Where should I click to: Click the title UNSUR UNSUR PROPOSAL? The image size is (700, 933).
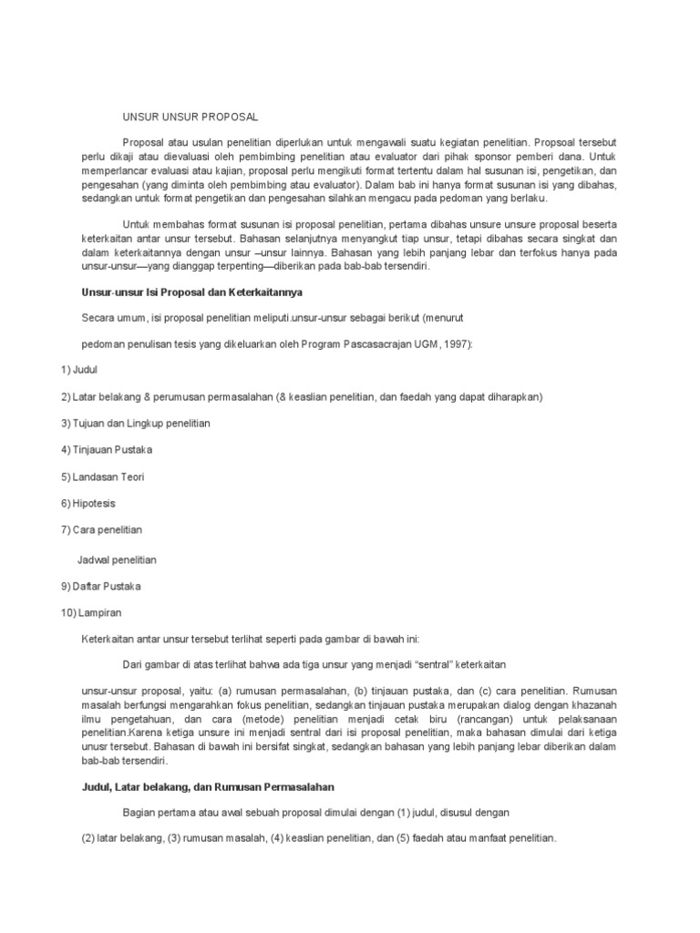[x=190, y=118]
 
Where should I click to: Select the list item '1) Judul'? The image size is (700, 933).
[x=79, y=370]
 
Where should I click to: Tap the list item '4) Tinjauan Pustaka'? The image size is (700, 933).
[x=107, y=450]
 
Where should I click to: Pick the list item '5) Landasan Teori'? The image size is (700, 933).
[x=103, y=477]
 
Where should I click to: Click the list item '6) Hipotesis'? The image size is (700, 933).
[x=88, y=503]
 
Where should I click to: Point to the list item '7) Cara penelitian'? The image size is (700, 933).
[x=102, y=529]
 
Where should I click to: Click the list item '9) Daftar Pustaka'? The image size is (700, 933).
[x=101, y=586]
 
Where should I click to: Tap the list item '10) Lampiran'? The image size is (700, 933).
[x=90, y=612]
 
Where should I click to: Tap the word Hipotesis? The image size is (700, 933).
[x=94, y=503]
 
